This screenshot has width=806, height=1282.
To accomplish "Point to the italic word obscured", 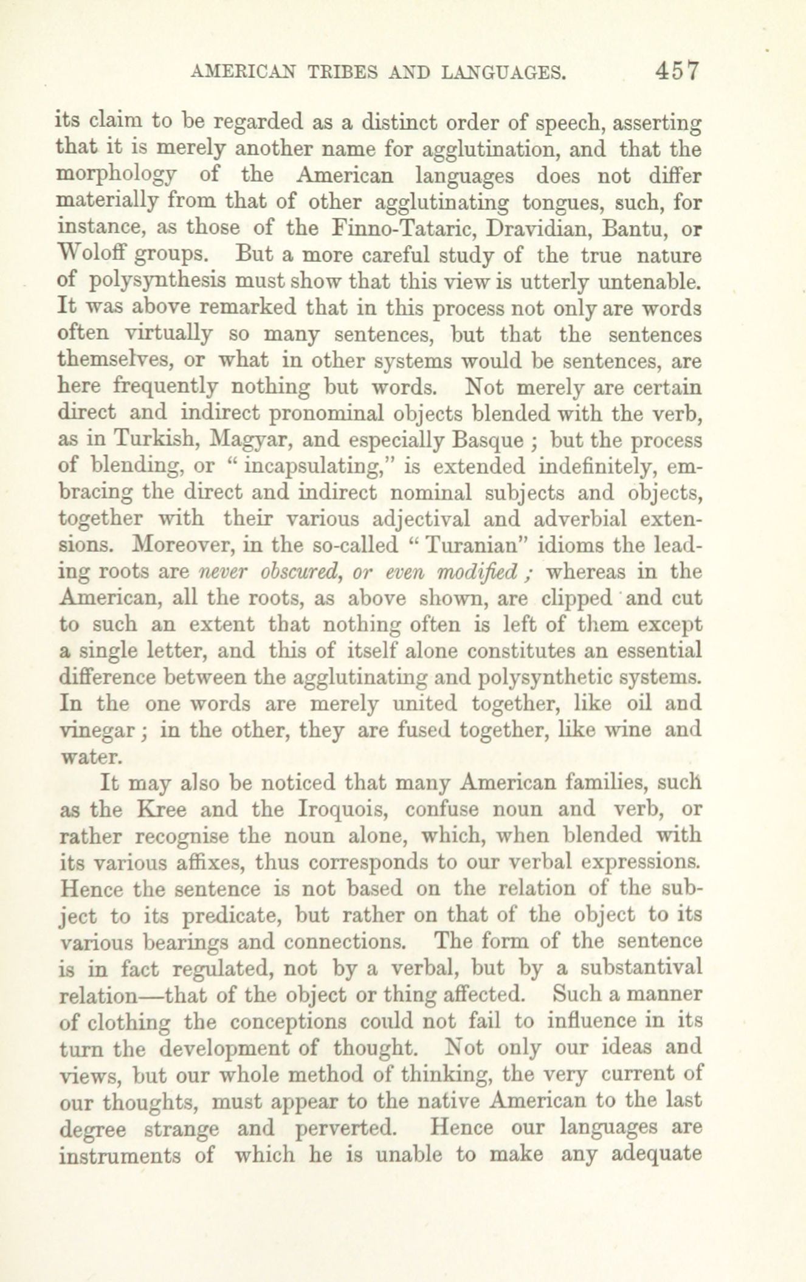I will [x=297, y=572].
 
